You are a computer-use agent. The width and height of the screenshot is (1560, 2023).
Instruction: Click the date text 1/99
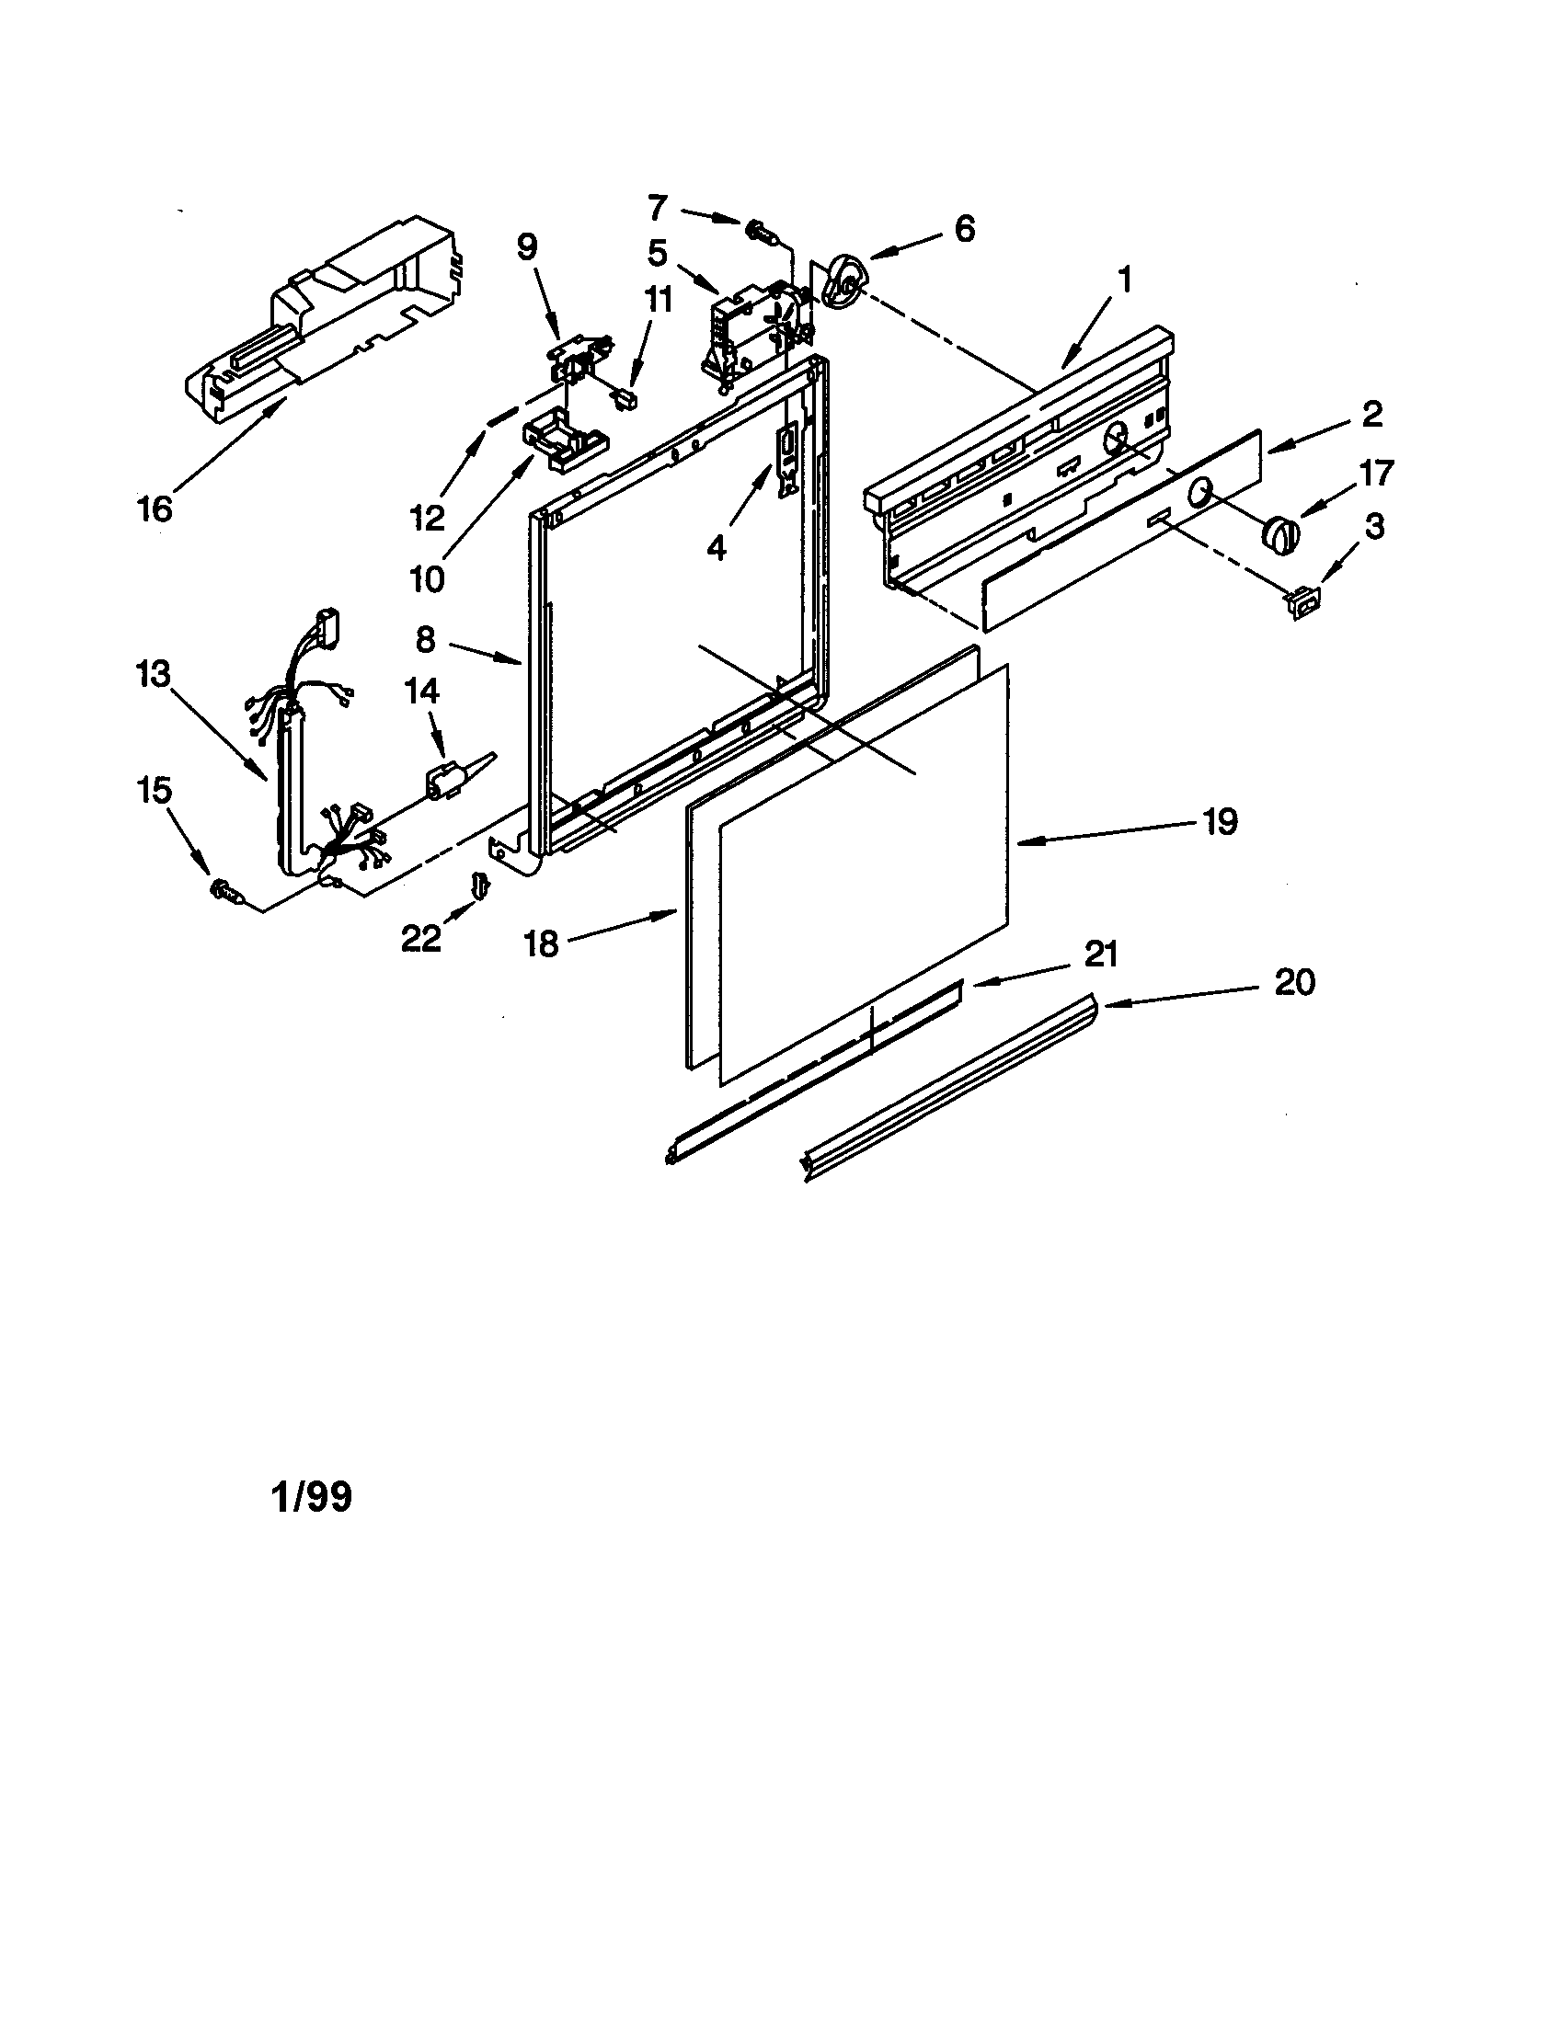pyautogui.click(x=312, y=1498)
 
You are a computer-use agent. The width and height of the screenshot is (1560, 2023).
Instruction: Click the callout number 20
pyautogui.click(x=1294, y=983)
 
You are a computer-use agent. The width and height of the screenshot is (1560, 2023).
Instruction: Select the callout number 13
pyautogui.click(x=153, y=674)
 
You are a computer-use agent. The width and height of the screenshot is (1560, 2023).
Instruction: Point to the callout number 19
pyautogui.click(x=1220, y=820)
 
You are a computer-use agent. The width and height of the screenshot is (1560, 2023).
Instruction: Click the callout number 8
pyautogui.click(x=424, y=638)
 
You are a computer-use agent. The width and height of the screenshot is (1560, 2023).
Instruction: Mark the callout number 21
pyautogui.click(x=1100, y=954)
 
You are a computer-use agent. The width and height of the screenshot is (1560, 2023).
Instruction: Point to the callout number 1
pyautogui.click(x=1124, y=280)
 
